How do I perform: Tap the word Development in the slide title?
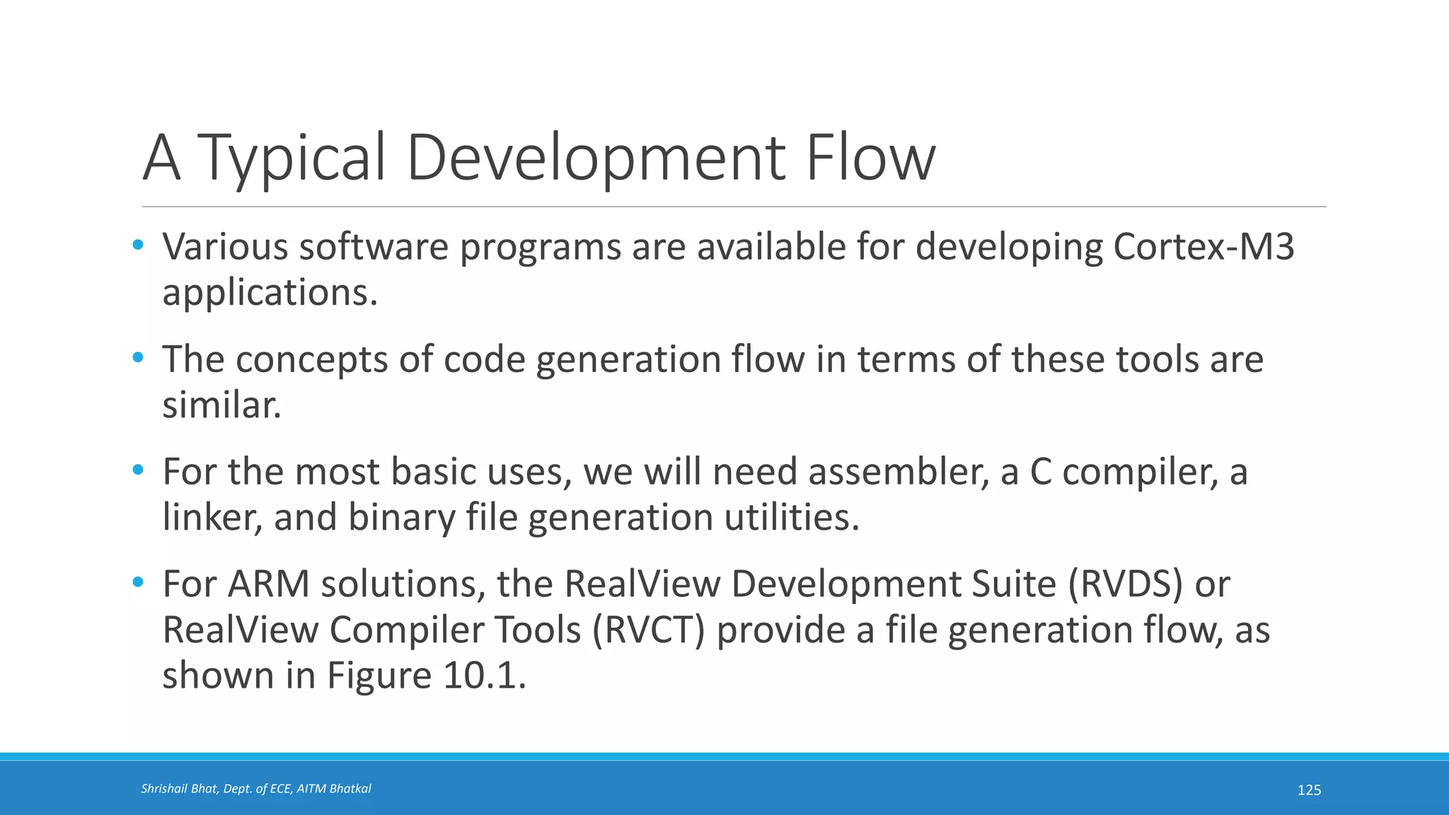pyautogui.click(x=596, y=158)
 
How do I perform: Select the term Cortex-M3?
pyautogui.click(x=1203, y=247)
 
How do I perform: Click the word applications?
pyautogui.click(x=270, y=293)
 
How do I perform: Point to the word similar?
pyautogui.click(x=221, y=405)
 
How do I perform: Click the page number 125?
pyautogui.click(x=1309, y=790)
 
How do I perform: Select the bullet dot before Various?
pyautogui.click(x=138, y=245)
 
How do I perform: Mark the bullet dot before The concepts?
pyautogui.click(x=138, y=358)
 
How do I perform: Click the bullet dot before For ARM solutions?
pyautogui.click(x=138, y=583)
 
